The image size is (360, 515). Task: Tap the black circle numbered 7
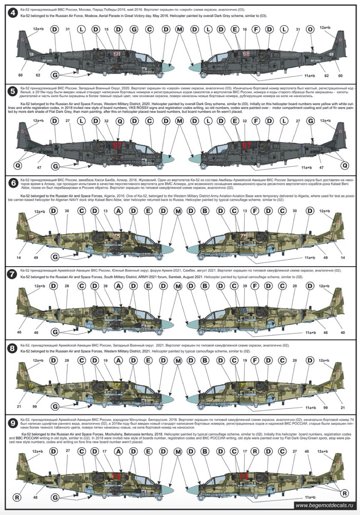click(x=12, y=274)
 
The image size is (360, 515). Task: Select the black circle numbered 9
click(x=13, y=423)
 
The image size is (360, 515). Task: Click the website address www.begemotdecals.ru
click(x=324, y=506)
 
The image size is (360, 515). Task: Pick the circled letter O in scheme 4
click(x=310, y=29)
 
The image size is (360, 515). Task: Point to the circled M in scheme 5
click(x=179, y=121)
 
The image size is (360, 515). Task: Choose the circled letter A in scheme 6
click(x=119, y=211)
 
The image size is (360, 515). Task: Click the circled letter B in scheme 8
click(x=205, y=361)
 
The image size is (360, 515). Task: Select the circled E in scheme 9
click(x=148, y=451)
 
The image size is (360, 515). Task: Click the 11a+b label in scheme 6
click(x=310, y=257)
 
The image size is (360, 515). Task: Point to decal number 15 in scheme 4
click(x=106, y=29)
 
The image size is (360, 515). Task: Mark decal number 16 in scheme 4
click(x=245, y=29)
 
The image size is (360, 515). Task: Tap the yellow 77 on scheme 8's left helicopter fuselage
click(x=117, y=385)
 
